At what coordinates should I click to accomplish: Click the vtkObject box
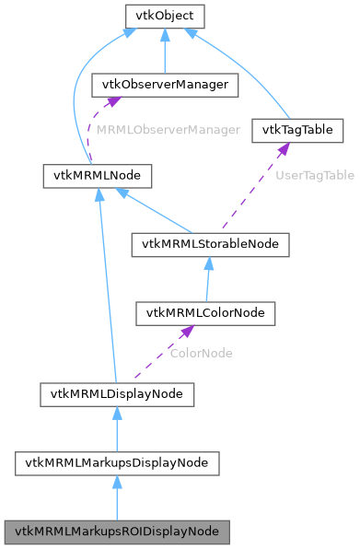click(163, 16)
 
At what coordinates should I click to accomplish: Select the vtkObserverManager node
click(163, 85)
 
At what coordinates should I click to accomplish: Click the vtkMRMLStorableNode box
click(211, 244)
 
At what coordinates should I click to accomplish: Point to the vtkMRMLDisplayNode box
click(116, 394)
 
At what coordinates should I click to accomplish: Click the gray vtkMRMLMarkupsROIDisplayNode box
click(116, 532)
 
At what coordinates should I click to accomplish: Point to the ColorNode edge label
click(201, 353)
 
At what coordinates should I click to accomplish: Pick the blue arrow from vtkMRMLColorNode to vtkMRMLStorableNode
click(209, 281)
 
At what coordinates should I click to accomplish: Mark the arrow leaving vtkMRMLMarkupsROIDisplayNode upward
click(116, 500)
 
